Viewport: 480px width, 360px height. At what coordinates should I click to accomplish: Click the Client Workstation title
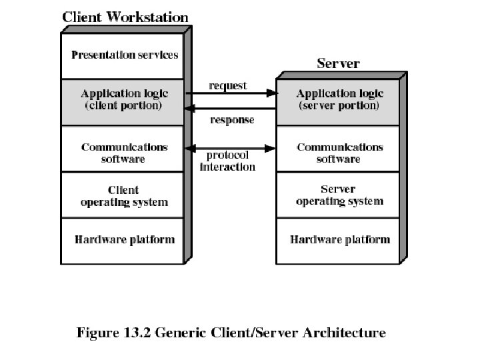[125, 17]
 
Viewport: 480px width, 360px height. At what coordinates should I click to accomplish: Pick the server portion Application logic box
[338, 100]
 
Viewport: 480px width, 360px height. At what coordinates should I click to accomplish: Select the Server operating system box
[338, 195]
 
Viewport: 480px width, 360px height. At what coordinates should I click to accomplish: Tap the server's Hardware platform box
[338, 239]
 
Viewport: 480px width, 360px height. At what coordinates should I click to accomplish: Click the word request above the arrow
[228, 85]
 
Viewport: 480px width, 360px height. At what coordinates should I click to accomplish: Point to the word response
[232, 120]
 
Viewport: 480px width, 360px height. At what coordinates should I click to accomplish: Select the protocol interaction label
[228, 161]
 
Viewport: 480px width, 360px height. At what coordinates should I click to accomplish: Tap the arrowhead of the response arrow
[189, 108]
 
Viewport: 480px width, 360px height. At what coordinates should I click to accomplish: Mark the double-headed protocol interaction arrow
[231, 147]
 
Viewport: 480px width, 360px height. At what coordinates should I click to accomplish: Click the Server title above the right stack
[338, 64]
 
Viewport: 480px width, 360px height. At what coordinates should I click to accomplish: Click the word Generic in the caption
[182, 332]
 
